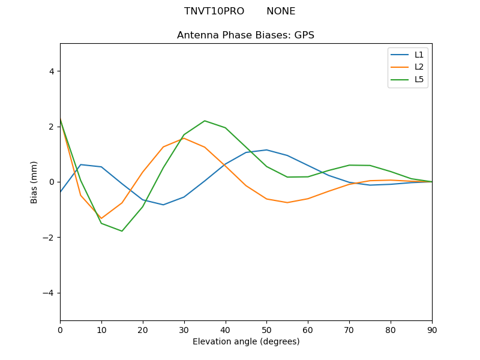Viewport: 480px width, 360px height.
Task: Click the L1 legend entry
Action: (419, 55)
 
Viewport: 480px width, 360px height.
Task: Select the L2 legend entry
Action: (419, 67)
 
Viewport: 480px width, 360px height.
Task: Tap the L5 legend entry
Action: (419, 79)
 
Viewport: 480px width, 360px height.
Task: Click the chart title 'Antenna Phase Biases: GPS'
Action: (245, 35)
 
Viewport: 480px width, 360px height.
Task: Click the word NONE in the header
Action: (281, 11)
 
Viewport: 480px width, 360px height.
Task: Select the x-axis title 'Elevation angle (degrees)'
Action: (245, 342)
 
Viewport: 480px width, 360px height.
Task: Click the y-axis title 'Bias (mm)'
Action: (35, 182)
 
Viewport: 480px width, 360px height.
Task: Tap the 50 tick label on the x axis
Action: (266, 329)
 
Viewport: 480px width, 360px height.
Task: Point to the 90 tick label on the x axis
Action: (432, 329)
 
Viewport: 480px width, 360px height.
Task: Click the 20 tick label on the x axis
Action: (143, 329)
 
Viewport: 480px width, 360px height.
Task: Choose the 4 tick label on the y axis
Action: (52, 71)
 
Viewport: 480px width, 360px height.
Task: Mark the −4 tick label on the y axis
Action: (49, 293)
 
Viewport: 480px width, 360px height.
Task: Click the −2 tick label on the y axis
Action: (49, 238)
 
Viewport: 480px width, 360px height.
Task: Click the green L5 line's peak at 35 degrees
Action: (205, 121)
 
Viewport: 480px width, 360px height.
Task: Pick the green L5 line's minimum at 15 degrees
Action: (122, 231)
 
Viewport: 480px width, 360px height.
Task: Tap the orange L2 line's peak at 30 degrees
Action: (184, 138)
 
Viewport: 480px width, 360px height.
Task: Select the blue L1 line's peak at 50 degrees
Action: (266, 150)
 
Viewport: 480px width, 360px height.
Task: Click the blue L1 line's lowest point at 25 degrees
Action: (163, 205)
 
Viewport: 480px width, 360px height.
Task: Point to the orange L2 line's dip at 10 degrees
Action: (101, 218)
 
